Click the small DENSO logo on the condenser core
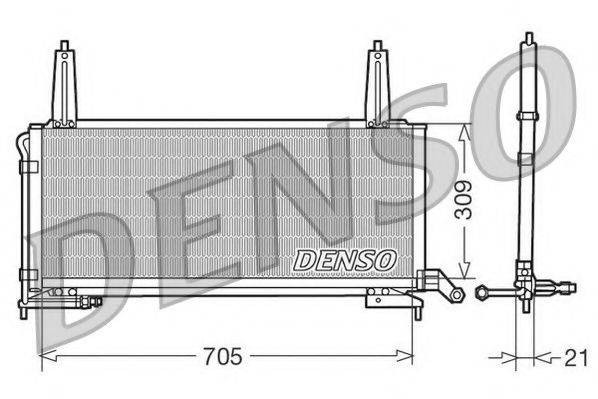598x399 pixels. tap(345, 259)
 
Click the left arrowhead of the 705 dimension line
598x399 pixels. tap(44, 355)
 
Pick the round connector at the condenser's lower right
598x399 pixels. tap(454, 295)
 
